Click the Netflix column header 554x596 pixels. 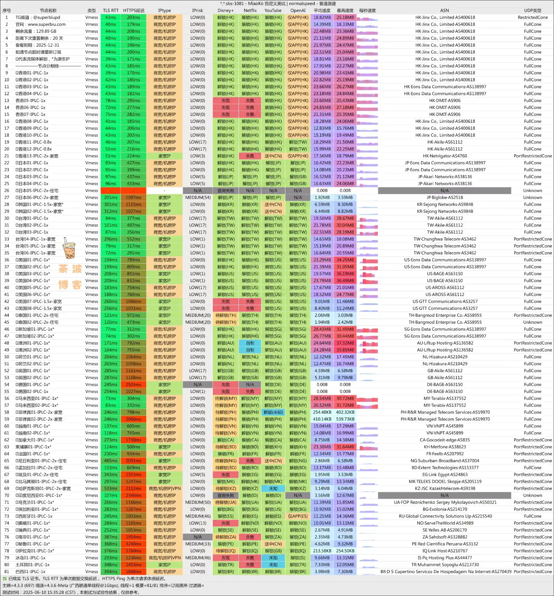pos(250,10)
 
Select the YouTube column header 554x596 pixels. pos(273,10)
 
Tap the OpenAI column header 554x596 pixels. pos(298,10)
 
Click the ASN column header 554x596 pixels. pos(445,10)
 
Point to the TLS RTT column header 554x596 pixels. pos(110,10)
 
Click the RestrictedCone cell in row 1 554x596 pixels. pos(533,17)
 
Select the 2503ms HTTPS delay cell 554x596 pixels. pos(133,385)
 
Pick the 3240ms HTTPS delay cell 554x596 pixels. pos(133,544)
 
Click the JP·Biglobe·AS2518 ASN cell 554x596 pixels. pos(445,198)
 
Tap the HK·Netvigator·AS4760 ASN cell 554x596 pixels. pos(445,156)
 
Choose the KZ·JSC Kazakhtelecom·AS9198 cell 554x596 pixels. pos(445,488)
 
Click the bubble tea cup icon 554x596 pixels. pos(69,248)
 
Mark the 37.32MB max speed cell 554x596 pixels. pos(345,343)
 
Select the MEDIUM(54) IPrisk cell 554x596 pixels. pos(198,198)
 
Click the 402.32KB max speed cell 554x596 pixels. pos(345,412)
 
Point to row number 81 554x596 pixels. pos(7,571)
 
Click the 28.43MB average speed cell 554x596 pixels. pos(322,329)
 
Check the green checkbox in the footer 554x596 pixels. pos(5,578)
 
